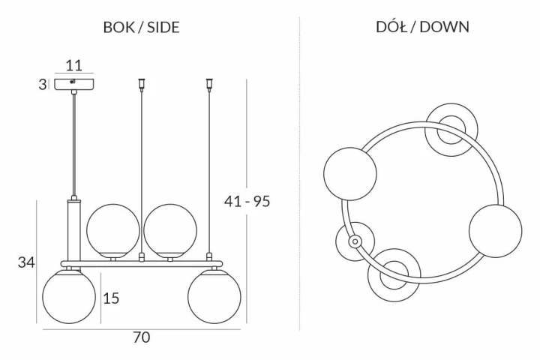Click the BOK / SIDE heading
(x=142, y=27)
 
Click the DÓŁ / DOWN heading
(x=422, y=26)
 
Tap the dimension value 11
(x=74, y=65)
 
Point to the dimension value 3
(x=42, y=85)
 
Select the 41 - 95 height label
(x=247, y=201)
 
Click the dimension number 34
(x=26, y=262)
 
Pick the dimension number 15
(x=111, y=298)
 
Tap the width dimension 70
(x=142, y=337)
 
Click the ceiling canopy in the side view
(x=74, y=84)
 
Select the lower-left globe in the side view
(x=69, y=296)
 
